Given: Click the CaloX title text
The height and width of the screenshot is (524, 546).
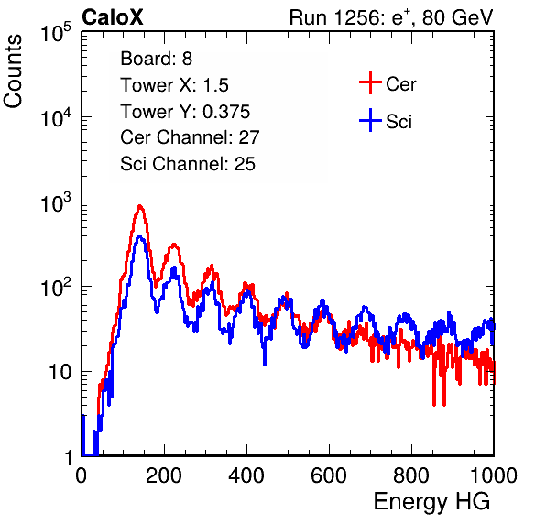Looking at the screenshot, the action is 113,17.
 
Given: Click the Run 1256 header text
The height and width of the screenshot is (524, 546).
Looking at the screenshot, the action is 391,17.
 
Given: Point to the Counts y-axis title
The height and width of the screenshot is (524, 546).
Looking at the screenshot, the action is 13,71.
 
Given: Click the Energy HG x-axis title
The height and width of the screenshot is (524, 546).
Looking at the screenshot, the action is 431,502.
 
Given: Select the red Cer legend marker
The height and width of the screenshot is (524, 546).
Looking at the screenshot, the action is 370,82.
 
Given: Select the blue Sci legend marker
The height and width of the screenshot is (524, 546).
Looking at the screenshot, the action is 370,121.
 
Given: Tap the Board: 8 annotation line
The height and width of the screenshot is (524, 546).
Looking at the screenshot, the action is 157,59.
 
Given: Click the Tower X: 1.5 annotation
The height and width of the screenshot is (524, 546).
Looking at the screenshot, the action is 174,85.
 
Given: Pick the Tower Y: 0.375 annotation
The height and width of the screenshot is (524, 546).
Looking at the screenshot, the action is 185,112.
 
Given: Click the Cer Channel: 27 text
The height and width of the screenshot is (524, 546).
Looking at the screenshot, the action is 190,137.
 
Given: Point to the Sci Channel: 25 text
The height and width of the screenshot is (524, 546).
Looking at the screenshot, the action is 188,164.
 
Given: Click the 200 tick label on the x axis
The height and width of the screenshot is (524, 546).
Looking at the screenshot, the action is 164,475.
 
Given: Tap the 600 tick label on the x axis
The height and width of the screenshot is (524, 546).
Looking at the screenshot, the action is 329,475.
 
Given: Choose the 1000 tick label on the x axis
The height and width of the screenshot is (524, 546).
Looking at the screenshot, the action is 494,475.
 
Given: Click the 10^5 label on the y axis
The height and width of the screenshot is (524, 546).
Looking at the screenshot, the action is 56,33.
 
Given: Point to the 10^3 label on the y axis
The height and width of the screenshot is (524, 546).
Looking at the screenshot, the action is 56,202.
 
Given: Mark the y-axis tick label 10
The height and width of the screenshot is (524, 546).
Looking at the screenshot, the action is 60,372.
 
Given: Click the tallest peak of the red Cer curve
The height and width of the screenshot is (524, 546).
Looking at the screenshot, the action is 139,206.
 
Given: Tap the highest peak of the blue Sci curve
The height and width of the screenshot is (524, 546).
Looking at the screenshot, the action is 139,236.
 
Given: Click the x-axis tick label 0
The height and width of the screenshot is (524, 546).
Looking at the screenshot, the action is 82,475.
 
